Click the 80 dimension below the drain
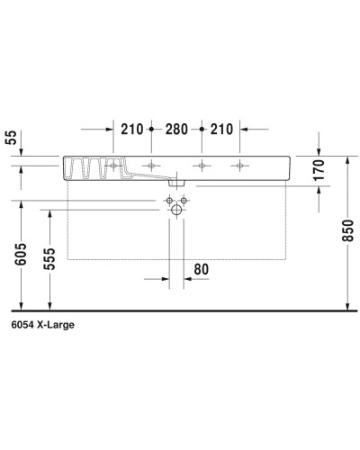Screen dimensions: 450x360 pos(200,269)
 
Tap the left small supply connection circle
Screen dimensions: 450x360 pos(168,201)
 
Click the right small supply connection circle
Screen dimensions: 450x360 pos(184,201)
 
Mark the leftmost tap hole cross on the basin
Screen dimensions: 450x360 pos(113,165)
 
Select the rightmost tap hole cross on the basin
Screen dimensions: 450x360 pos(239,165)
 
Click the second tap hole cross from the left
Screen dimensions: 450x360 pos(151,165)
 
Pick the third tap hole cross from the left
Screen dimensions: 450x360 pos(202,165)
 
